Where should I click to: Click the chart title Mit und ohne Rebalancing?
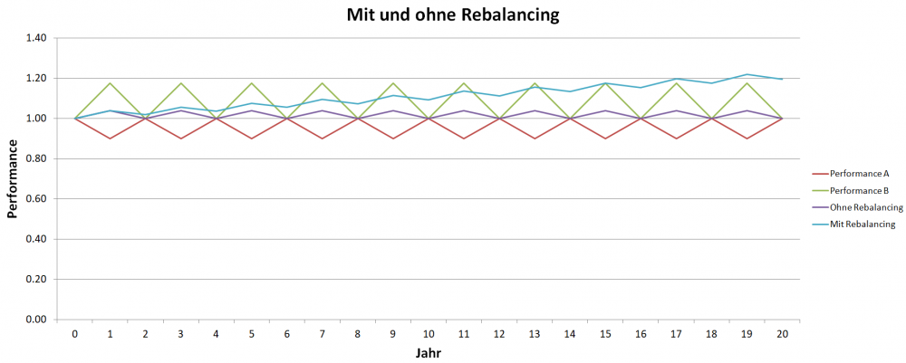coord(452,15)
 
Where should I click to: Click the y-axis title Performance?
coord(13,178)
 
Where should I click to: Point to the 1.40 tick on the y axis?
coord(35,38)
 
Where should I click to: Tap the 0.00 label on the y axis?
coord(35,320)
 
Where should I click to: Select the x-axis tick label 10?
coord(429,334)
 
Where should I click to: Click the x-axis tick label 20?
coord(782,334)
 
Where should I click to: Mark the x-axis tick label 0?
coord(75,334)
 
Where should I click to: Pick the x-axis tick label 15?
coord(605,334)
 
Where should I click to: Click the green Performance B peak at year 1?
coord(111,83)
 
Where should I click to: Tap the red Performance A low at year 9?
coord(393,139)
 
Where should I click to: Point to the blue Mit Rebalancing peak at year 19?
coord(747,74)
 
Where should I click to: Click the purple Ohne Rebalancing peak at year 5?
coord(252,110)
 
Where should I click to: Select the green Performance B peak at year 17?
coord(676,83)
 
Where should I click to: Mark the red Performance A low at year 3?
coord(181,139)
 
